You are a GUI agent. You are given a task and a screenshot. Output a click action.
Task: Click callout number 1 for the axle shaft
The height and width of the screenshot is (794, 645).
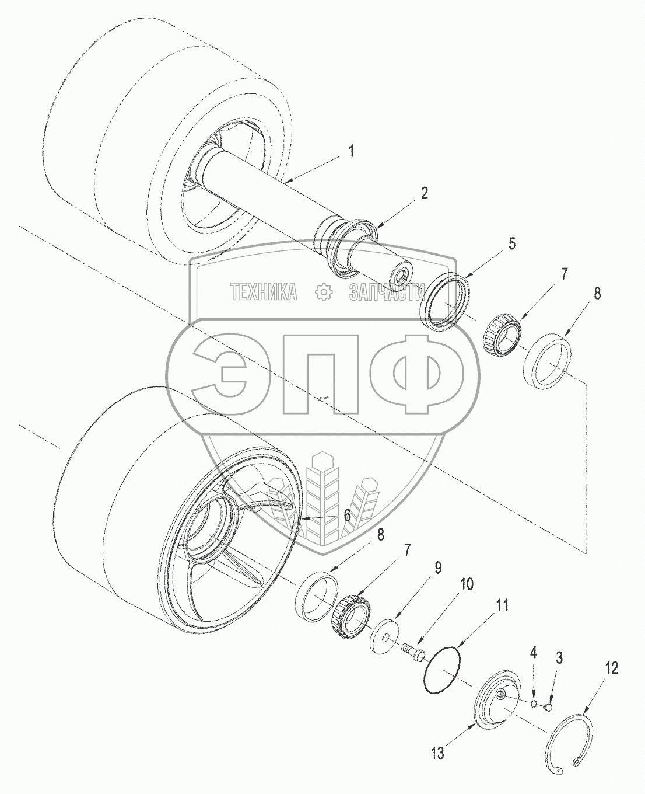351,151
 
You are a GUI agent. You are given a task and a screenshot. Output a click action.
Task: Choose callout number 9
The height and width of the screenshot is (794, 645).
437,567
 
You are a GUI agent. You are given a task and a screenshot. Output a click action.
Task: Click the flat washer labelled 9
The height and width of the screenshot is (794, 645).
384,635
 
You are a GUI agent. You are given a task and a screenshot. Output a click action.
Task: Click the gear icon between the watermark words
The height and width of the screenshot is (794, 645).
322,292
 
